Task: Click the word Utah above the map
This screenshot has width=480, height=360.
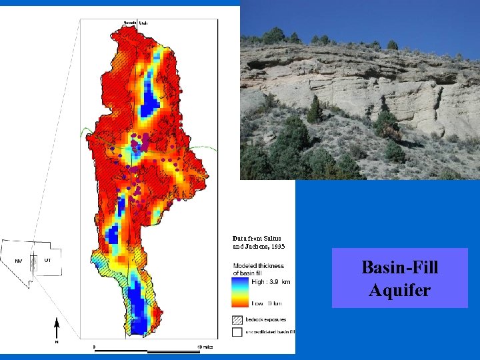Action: (x=143, y=23)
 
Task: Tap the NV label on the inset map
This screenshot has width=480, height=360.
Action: (x=19, y=260)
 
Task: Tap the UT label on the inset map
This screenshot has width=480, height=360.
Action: (x=47, y=260)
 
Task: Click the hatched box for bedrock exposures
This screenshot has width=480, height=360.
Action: (x=237, y=320)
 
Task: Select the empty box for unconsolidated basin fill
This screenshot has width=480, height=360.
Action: (x=237, y=331)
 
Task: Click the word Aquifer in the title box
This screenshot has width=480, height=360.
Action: (x=399, y=291)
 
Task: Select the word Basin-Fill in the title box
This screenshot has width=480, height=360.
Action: (x=399, y=268)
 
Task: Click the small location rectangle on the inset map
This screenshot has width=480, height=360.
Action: (x=33, y=262)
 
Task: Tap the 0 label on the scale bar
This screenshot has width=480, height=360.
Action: (x=94, y=346)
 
